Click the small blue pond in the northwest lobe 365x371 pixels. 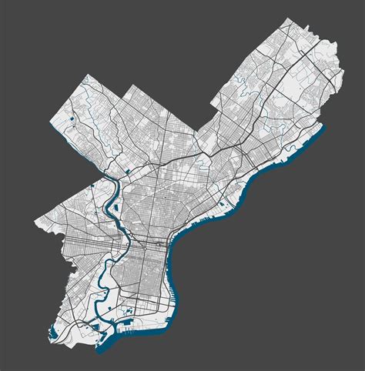[71, 119]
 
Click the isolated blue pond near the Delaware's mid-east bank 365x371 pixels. [221, 204]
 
